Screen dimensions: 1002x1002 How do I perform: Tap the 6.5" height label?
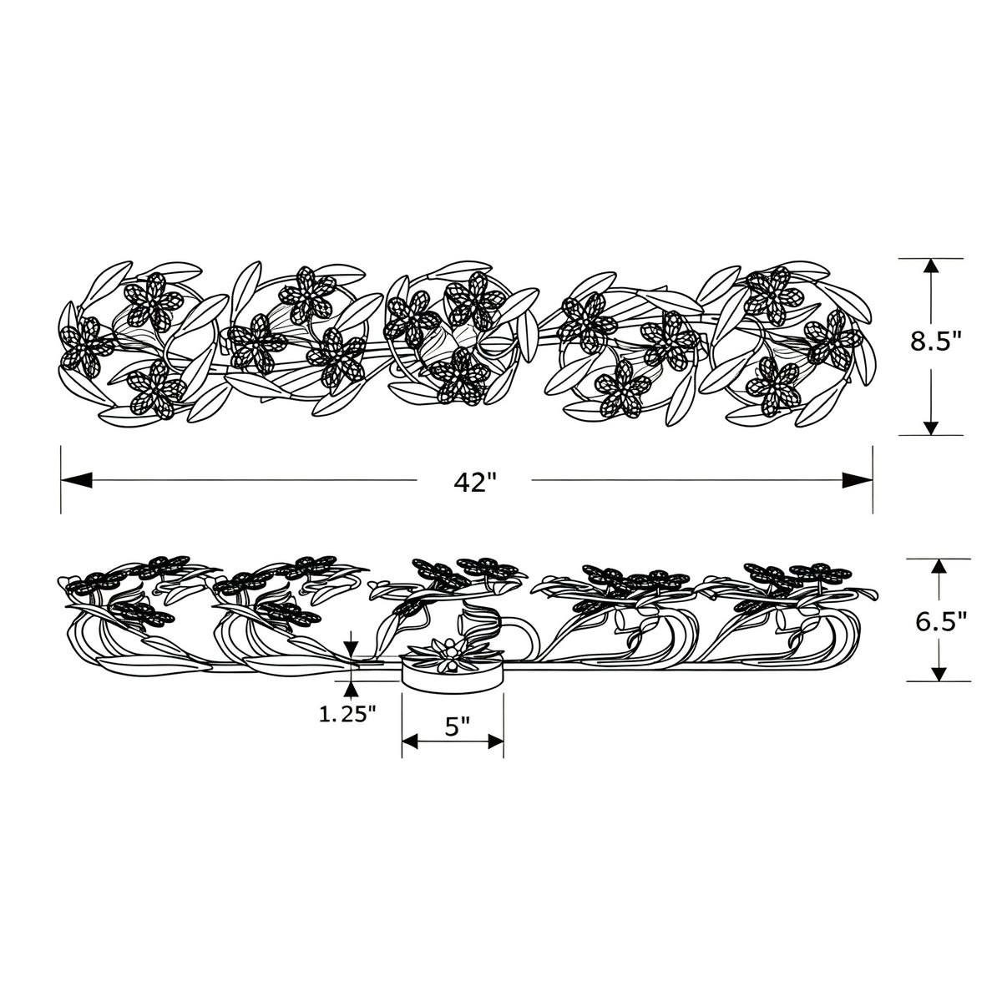click(941, 621)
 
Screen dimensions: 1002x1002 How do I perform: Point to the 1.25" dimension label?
click(347, 715)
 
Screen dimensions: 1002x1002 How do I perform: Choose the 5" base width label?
click(458, 726)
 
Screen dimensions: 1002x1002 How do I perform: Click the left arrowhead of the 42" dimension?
click(77, 480)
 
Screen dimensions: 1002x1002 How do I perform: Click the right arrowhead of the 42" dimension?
click(857, 480)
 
